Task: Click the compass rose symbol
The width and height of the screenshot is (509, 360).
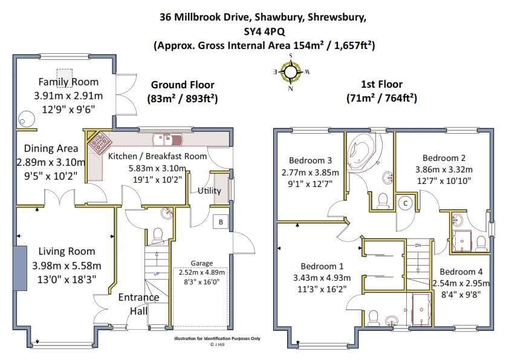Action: [291, 72]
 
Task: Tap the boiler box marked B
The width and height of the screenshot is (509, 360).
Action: [221, 222]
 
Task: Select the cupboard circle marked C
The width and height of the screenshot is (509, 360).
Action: [405, 203]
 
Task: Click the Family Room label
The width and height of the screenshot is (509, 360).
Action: [68, 82]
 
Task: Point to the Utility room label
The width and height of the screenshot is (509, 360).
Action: [209, 191]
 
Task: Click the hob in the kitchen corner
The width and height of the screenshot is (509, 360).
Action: [100, 142]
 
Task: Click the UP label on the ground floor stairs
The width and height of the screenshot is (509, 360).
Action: [157, 274]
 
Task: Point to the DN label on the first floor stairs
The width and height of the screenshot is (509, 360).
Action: [418, 245]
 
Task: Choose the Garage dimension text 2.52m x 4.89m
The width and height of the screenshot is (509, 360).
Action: [201, 272]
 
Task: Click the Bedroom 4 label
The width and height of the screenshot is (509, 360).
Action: [461, 272]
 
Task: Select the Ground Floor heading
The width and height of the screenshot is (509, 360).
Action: [183, 85]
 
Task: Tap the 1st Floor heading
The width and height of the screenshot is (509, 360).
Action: [382, 85]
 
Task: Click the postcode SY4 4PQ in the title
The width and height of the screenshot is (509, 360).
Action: [264, 31]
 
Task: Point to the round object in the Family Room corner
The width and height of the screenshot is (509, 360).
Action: [26, 119]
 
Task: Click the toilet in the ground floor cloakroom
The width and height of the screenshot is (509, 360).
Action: [158, 235]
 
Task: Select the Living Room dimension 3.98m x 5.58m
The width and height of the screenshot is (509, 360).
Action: [66, 266]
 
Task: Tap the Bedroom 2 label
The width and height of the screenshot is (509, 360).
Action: [444, 158]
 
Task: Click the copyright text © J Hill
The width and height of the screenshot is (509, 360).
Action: [217, 344]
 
